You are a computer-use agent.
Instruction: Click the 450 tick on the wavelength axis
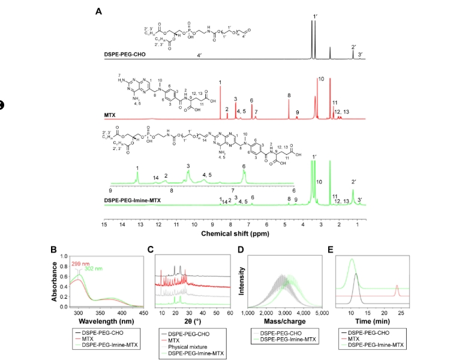coord(142,313)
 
